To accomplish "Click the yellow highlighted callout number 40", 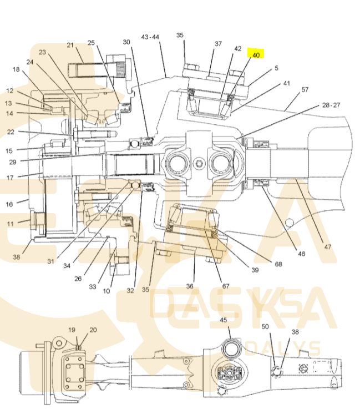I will coord(256,54).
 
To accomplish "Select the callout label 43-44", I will coord(150,37).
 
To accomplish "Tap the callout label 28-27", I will coord(331,104).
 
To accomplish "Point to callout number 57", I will coord(305,89).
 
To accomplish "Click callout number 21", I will coord(70,45).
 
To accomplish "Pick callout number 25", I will coord(92,42).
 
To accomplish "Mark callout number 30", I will coord(126,42).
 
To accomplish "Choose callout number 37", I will coord(218,44).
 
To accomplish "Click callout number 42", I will coord(237,48).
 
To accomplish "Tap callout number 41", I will coord(286,83).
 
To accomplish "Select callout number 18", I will coord(16,69).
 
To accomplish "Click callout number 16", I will coord(9,204).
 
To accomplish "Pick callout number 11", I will coord(11,224).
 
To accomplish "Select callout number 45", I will coord(224,320).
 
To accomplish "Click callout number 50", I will coord(265,326).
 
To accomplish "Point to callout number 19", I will coord(72,330).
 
